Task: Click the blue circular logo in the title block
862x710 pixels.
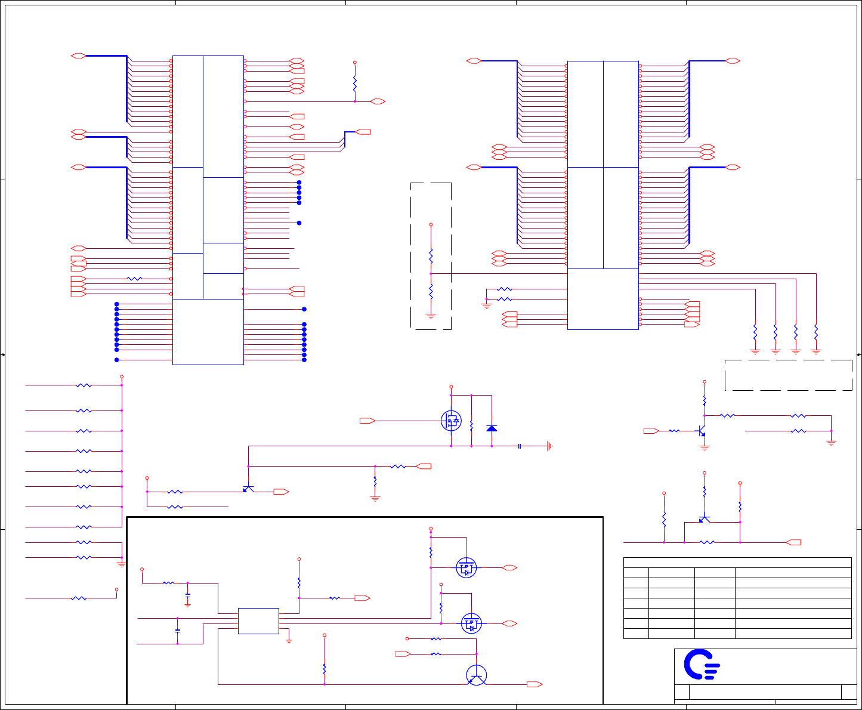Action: (x=702, y=664)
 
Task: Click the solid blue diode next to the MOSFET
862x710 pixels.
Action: (x=492, y=428)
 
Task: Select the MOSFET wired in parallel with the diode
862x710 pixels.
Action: (x=451, y=421)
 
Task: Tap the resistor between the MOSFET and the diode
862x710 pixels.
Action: (x=471, y=426)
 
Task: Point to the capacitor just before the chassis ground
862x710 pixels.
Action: (x=520, y=446)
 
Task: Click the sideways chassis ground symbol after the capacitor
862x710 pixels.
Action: (x=549, y=446)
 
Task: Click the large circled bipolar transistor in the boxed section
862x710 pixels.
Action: (x=476, y=675)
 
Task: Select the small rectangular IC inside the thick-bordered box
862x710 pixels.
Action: (x=258, y=621)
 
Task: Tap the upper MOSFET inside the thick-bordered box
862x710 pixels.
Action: (x=466, y=567)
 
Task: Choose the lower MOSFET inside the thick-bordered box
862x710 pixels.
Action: (x=471, y=623)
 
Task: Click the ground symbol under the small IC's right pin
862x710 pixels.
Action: (x=289, y=640)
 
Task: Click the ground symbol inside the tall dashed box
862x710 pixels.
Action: (x=431, y=316)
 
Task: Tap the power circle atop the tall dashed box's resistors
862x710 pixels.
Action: (x=431, y=225)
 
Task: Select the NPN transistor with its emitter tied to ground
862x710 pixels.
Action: (x=702, y=431)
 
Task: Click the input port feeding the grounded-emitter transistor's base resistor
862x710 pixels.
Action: (x=651, y=431)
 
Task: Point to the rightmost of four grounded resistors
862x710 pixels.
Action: (x=816, y=331)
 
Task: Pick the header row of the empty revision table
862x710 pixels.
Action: (x=737, y=562)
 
